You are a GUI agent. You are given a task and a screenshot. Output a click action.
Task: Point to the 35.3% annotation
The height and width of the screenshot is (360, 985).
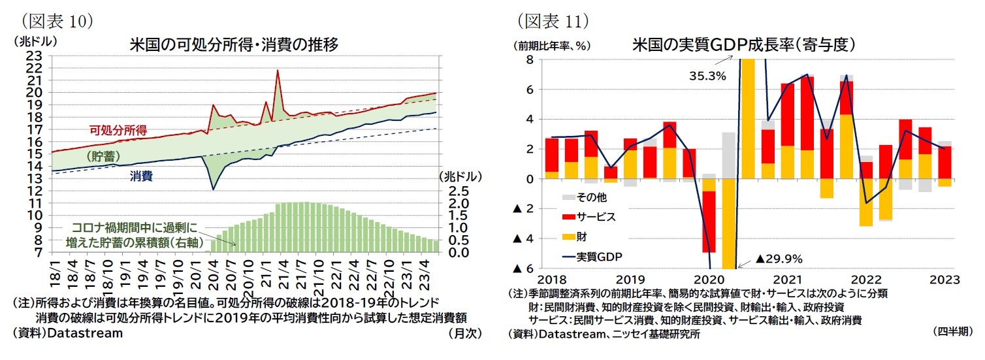coord(707,76)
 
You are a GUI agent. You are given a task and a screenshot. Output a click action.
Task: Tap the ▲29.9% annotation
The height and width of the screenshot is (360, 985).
coord(779,258)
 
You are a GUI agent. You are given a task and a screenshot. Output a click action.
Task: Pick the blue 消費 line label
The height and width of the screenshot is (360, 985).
coord(141,176)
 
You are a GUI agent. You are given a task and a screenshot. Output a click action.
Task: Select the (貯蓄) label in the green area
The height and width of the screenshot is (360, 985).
coord(104,157)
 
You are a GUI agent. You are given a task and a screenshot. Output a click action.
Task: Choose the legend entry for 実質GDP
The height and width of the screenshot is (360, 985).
coord(598,255)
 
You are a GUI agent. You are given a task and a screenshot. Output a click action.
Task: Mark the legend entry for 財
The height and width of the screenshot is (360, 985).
coord(581,236)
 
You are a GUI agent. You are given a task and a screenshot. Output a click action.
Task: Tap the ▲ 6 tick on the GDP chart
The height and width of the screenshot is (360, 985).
coord(524,269)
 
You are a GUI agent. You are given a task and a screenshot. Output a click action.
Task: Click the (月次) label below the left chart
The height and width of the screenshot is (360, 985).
coord(464,333)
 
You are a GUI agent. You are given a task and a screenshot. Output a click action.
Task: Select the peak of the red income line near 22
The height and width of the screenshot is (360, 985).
coord(278,71)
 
